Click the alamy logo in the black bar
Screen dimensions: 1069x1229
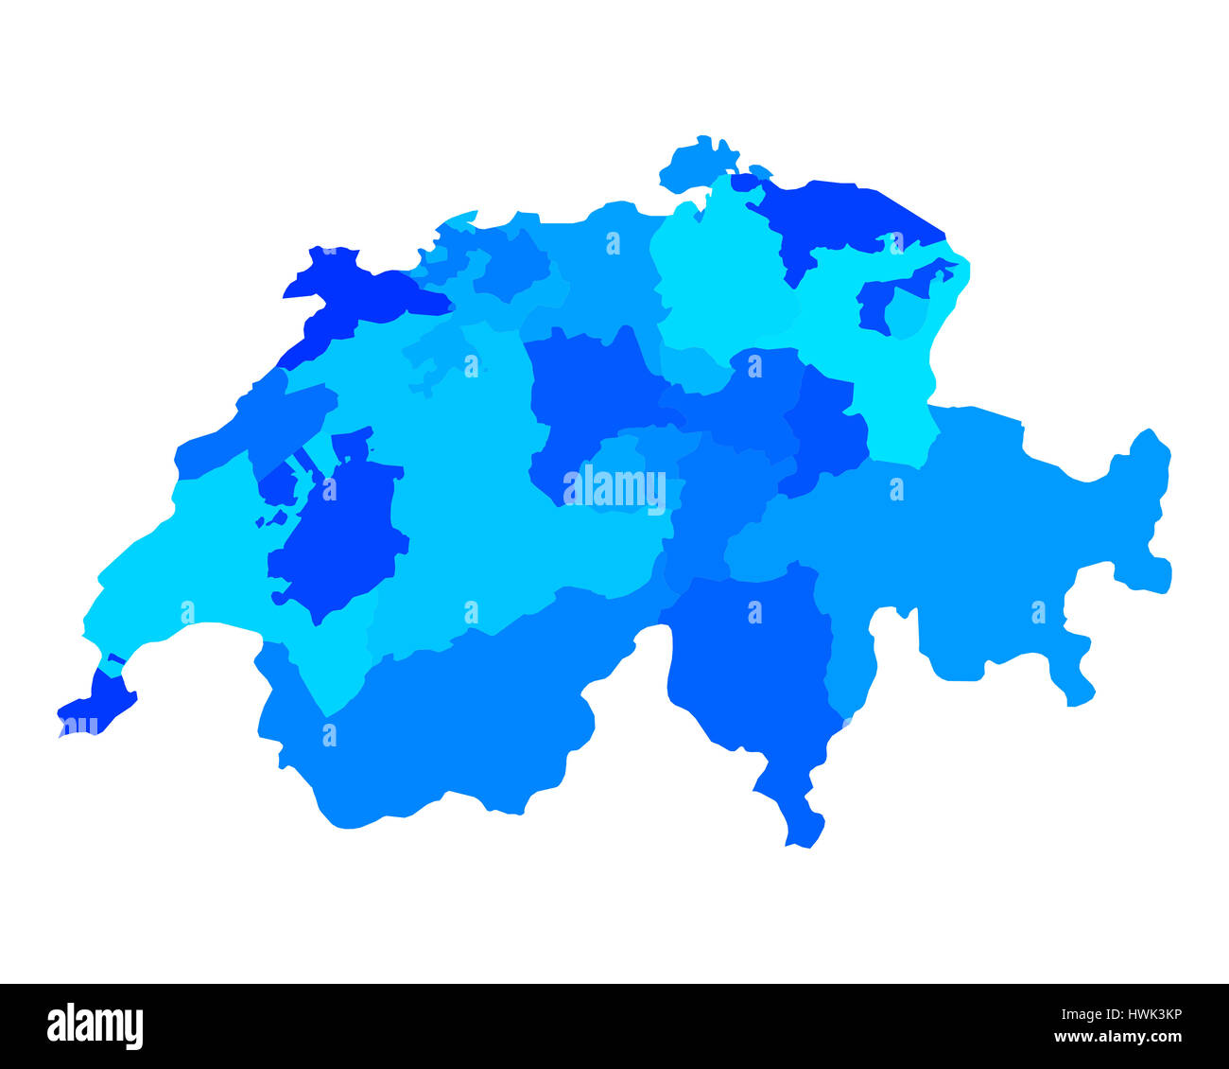click(x=95, y=1026)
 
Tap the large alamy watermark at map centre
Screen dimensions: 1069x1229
click(x=614, y=490)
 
